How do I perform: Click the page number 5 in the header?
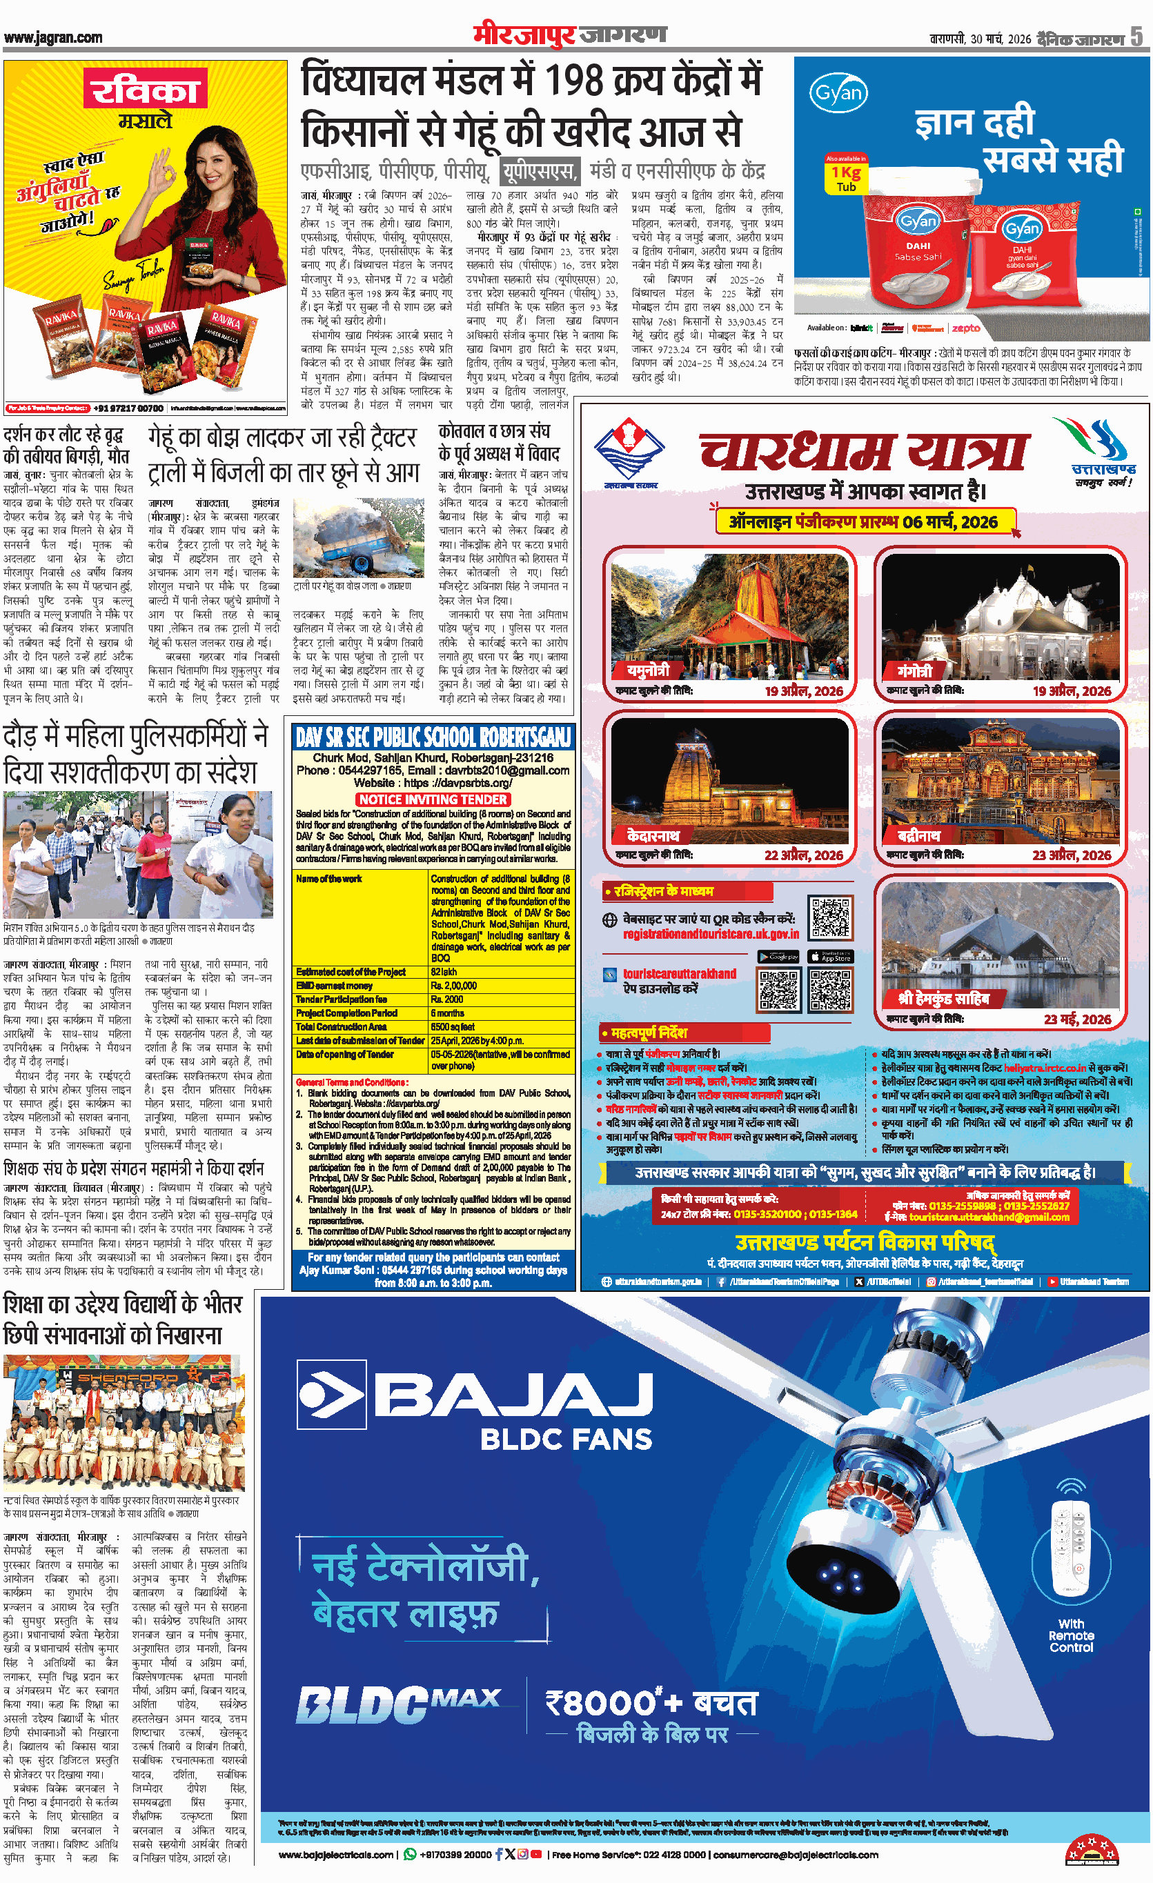click(x=1138, y=37)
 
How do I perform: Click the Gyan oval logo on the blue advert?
click(x=839, y=94)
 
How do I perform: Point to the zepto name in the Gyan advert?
click(x=966, y=328)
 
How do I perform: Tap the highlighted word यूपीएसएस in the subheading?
click(x=540, y=171)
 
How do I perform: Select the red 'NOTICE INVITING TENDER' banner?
click(x=433, y=799)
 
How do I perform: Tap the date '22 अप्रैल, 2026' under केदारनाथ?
click(x=804, y=855)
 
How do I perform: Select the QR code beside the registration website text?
click(x=831, y=919)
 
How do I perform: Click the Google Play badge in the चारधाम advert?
click(x=778, y=957)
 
